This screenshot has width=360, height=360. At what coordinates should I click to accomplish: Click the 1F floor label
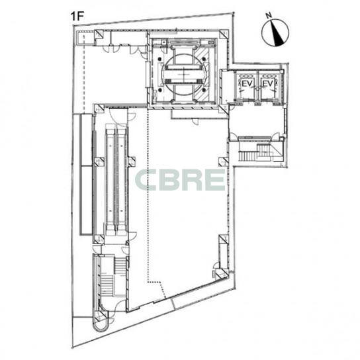tap(77, 17)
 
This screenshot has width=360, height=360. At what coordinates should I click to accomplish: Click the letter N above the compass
tap(269, 15)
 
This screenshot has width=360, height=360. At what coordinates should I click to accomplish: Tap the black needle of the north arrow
tap(277, 33)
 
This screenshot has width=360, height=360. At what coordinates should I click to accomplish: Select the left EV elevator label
tap(247, 83)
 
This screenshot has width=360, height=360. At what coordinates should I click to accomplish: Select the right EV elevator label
tap(268, 83)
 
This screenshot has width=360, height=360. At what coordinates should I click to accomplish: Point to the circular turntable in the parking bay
tap(185, 74)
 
